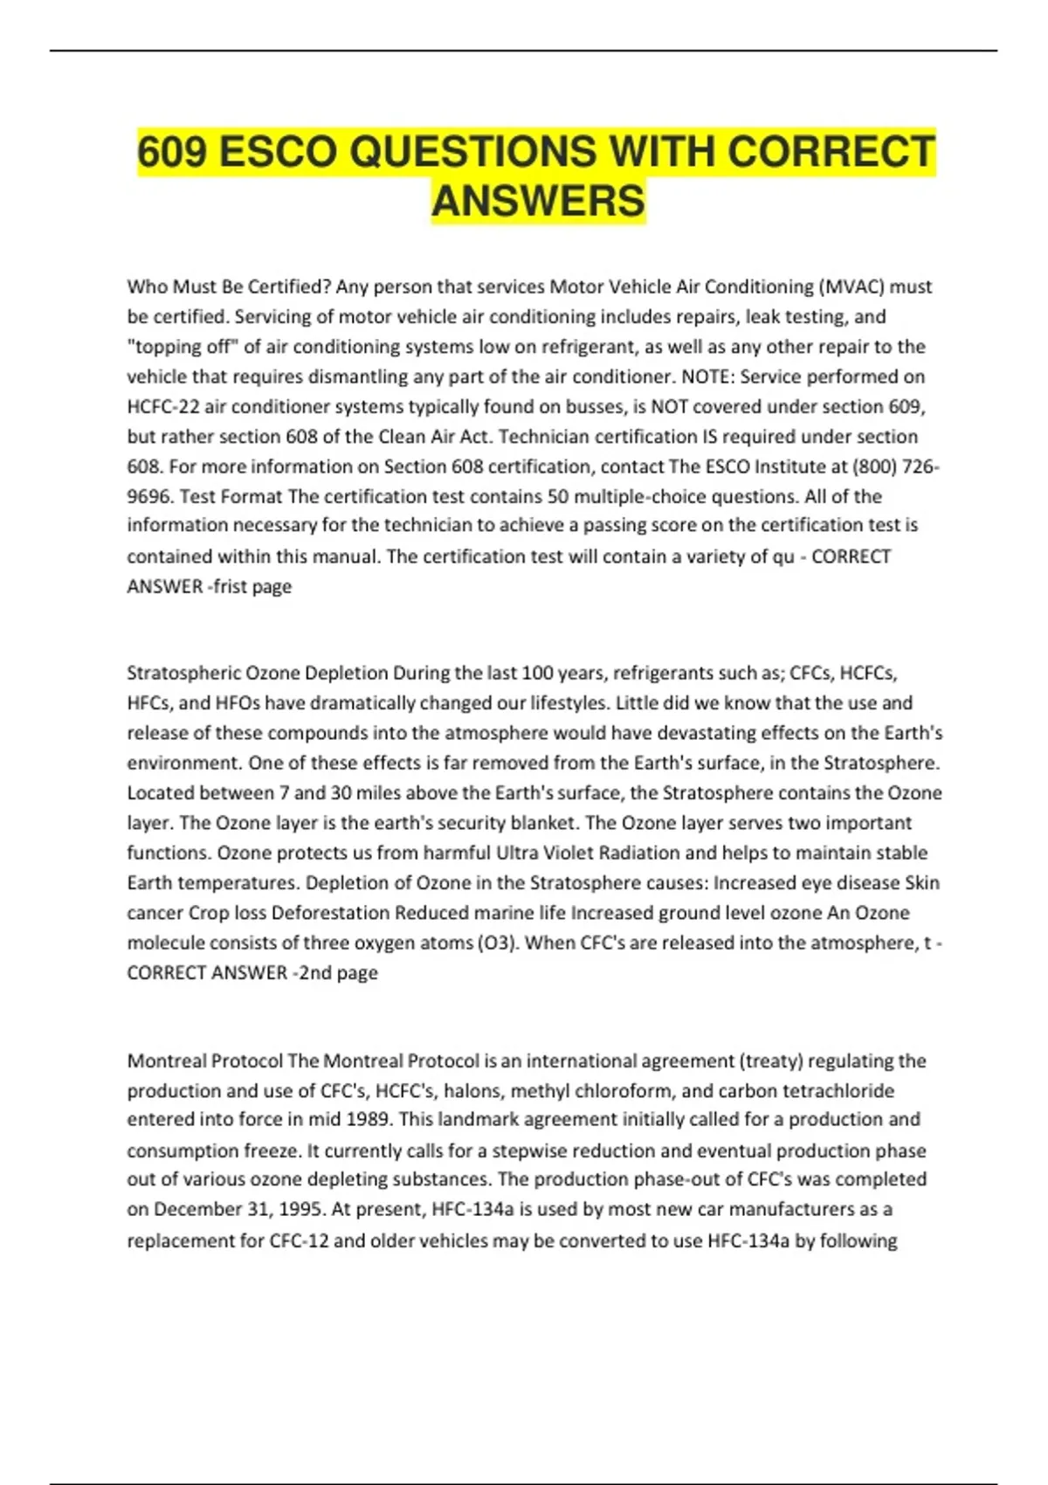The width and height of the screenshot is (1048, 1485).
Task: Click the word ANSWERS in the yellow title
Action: tap(538, 201)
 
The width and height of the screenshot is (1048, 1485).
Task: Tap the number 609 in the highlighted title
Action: tap(172, 152)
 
